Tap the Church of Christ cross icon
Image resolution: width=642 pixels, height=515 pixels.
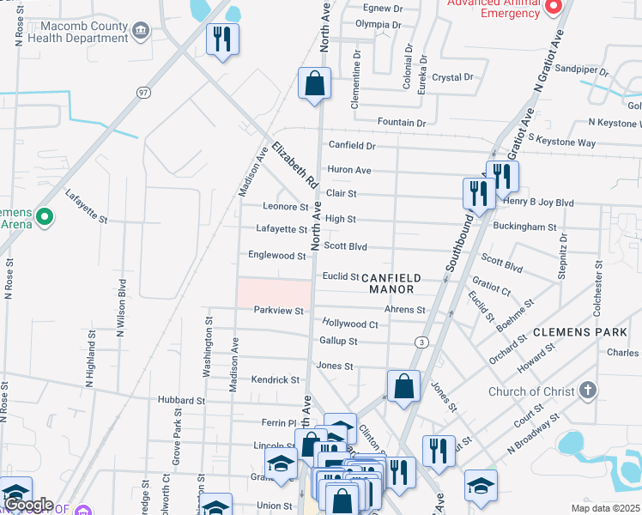point(587,391)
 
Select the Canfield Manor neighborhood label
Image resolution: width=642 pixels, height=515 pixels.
point(391,283)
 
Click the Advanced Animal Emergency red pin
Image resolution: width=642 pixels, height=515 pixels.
point(554,6)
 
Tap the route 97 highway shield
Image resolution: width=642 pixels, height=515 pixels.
point(144,92)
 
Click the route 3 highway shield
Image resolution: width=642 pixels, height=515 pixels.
point(421,342)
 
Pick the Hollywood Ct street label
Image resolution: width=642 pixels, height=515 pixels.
point(350,324)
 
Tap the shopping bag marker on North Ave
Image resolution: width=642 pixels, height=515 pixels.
point(315,84)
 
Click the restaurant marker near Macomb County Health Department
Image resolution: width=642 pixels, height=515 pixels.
point(222,39)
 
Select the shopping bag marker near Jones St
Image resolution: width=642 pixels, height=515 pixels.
point(403,386)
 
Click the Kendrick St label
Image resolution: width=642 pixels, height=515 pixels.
point(275,379)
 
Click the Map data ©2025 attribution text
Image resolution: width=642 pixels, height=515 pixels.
point(605,508)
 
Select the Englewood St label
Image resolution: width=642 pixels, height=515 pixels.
point(276,256)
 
